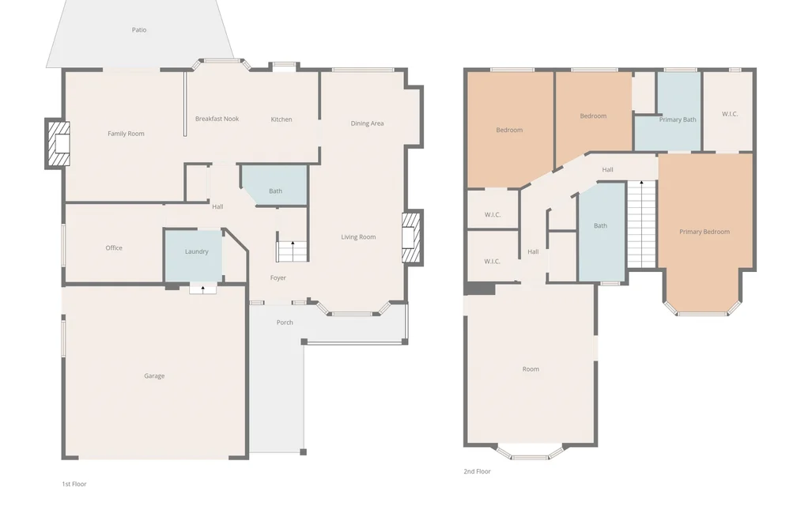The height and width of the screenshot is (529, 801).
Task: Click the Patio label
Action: point(139,30)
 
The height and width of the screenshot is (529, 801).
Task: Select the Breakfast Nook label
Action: point(217,119)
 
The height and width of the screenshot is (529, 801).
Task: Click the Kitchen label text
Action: point(281,119)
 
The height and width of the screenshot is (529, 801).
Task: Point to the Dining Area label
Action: point(367,123)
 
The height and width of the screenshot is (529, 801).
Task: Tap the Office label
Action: point(114,248)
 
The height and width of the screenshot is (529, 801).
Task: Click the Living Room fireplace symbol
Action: point(412,237)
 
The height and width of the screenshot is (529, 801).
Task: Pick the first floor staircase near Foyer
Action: point(293,251)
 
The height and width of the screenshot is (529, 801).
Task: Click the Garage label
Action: point(154,376)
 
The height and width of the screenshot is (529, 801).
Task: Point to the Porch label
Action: point(285,323)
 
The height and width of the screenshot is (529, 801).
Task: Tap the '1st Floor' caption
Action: point(74,484)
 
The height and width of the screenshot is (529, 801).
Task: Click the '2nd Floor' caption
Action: point(477,472)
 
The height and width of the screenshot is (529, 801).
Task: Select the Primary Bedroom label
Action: point(705,232)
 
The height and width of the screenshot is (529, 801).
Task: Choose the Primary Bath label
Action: point(678,120)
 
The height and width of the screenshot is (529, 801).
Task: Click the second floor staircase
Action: point(641,224)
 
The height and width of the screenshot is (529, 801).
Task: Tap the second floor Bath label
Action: point(600,225)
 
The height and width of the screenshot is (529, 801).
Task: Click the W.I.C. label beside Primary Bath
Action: point(730,115)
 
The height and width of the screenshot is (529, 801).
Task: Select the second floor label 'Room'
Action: point(531,369)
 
